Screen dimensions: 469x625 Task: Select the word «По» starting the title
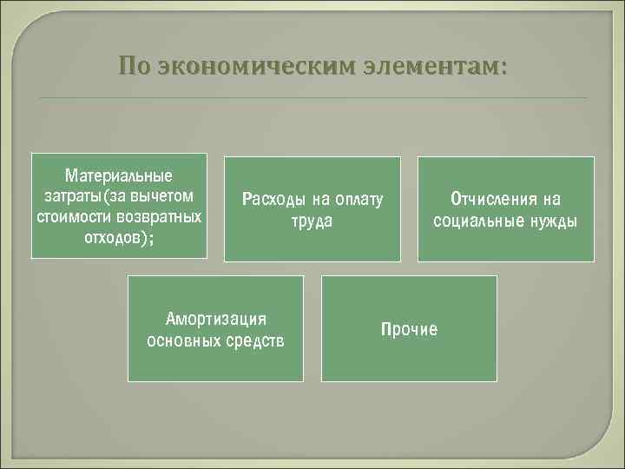click(x=136, y=66)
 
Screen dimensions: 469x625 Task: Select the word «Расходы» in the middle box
click(x=272, y=200)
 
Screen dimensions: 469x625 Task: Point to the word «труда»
click(x=312, y=221)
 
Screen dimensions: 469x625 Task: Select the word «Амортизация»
click(x=215, y=318)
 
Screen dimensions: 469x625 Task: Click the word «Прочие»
click(x=409, y=329)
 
